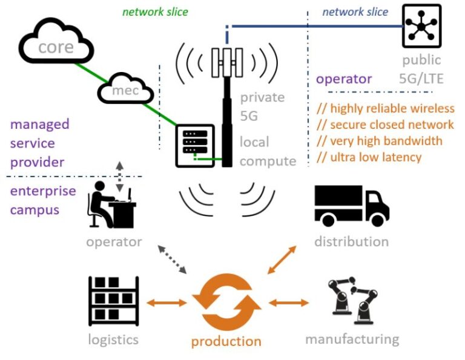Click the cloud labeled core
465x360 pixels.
(x=56, y=42)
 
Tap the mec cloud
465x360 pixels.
(x=125, y=88)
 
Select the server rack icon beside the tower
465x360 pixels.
(x=195, y=146)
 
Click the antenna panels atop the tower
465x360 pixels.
(x=227, y=62)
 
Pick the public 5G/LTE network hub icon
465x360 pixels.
(x=421, y=26)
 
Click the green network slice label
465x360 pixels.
(x=155, y=12)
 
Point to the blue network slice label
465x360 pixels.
(x=355, y=12)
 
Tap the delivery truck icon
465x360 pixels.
(x=352, y=206)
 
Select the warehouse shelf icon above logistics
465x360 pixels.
(x=114, y=301)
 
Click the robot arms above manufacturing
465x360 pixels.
(x=352, y=300)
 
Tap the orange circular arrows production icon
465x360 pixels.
(x=226, y=302)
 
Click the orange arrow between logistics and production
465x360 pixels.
(x=167, y=303)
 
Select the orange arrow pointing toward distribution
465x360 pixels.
(x=282, y=260)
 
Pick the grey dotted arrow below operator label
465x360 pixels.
(x=172, y=260)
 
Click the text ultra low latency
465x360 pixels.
(x=369, y=157)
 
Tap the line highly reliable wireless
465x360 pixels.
(x=385, y=108)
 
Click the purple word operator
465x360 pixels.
(x=344, y=79)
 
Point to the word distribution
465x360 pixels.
(x=351, y=241)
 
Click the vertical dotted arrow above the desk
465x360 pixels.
(x=119, y=177)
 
